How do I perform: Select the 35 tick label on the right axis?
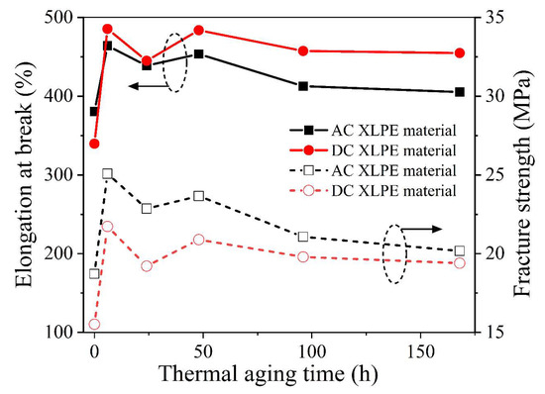[490, 18]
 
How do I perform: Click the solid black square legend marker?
[308, 130]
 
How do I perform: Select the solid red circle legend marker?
[308, 149]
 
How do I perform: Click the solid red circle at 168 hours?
[460, 53]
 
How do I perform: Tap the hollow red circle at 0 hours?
[94, 324]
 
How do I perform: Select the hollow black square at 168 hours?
[460, 251]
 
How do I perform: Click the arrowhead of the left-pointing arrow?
[131, 86]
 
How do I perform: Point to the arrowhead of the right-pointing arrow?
[442, 229]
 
